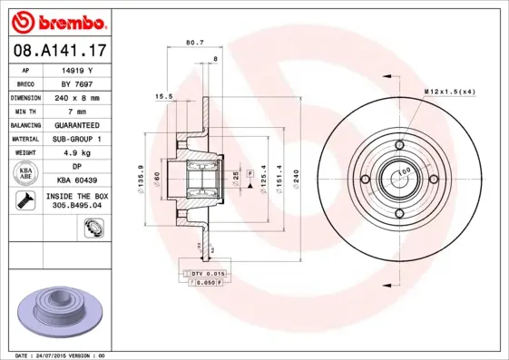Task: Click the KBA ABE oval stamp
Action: point(26,172)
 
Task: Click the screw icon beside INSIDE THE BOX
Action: point(26,200)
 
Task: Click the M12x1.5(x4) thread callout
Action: point(450,92)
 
